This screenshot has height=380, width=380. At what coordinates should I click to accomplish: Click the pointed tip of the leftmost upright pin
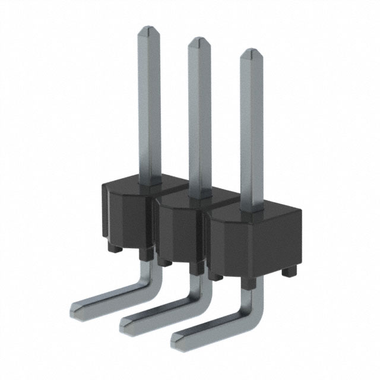click(148, 30)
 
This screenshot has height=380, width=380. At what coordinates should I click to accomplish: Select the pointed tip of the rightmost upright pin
click(252, 54)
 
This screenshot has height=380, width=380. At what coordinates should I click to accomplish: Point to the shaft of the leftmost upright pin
click(148, 107)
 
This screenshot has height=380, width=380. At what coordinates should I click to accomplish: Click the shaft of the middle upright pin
click(200, 119)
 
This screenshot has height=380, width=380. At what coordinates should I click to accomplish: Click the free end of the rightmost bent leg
click(178, 338)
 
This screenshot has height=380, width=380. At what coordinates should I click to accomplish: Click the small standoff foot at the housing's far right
click(289, 271)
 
